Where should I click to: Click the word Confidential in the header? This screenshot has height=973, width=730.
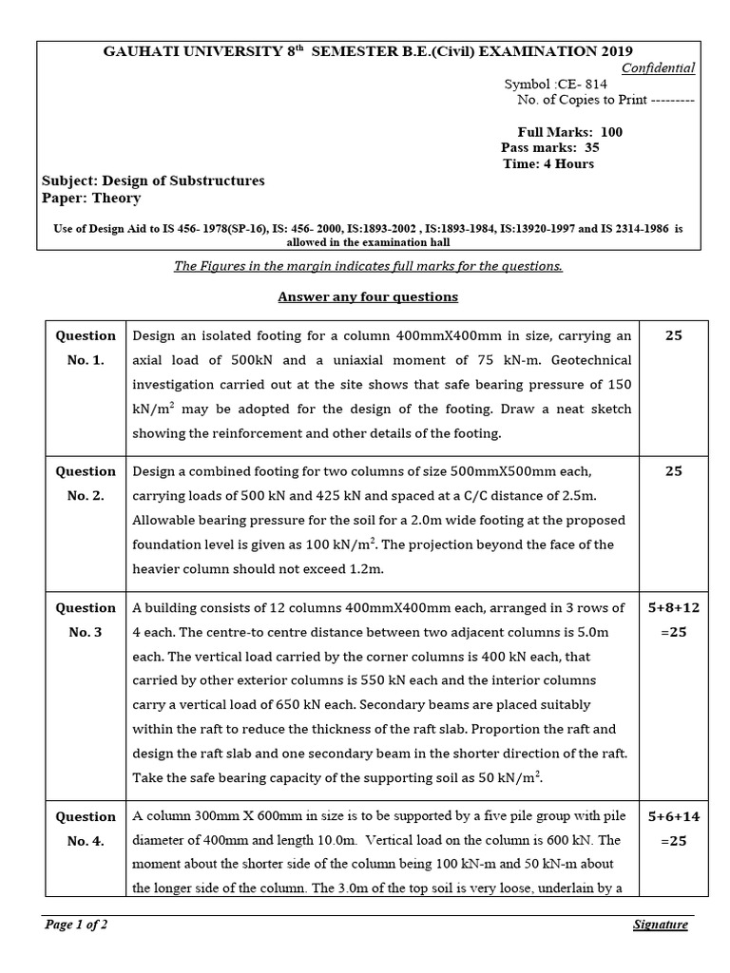(x=658, y=67)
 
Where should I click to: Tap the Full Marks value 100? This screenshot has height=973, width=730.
(x=612, y=132)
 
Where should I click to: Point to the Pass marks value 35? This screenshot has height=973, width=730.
(x=592, y=147)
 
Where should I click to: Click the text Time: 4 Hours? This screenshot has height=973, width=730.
(x=548, y=163)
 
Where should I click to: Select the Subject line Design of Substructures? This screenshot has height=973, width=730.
(x=153, y=181)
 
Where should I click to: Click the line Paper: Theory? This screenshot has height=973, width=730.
(x=91, y=198)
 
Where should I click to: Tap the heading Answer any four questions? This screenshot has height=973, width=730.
(x=367, y=296)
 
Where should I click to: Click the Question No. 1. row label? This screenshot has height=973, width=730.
(x=86, y=348)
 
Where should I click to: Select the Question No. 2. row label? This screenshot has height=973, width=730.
(x=86, y=483)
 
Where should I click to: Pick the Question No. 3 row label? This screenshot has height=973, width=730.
(x=86, y=620)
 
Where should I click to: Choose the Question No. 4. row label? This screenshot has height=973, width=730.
(x=86, y=829)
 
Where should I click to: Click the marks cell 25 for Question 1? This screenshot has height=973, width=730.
(x=673, y=335)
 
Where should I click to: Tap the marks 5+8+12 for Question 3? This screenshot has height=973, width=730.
(x=673, y=608)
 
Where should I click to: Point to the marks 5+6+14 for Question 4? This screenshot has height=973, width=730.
(x=673, y=816)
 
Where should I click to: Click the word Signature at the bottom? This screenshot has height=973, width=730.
(x=660, y=925)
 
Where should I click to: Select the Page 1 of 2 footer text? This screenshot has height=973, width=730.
(x=76, y=925)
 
